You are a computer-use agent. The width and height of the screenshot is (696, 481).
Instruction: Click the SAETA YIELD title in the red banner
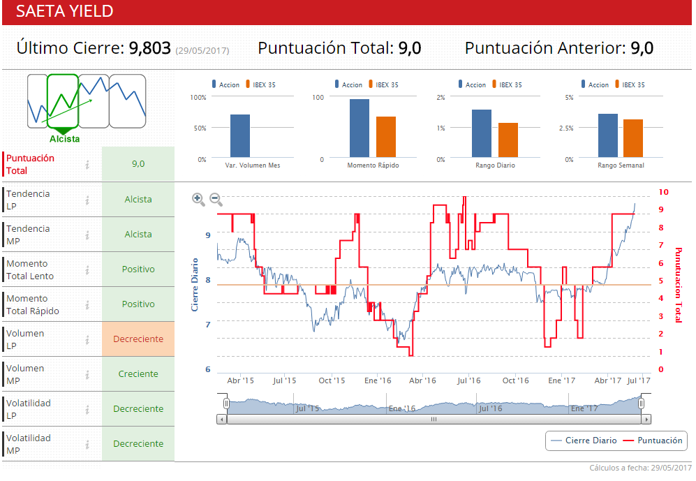click(x=64, y=12)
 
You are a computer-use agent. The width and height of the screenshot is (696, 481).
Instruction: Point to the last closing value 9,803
click(x=149, y=48)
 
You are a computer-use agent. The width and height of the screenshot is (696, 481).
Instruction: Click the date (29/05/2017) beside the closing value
click(x=202, y=50)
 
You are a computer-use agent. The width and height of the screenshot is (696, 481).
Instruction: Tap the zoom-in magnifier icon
click(x=198, y=199)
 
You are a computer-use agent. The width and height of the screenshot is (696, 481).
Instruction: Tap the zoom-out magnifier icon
click(x=216, y=199)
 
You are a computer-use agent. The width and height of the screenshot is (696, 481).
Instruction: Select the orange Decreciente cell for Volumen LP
click(x=138, y=339)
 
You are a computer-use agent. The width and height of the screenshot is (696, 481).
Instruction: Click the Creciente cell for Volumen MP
click(x=138, y=374)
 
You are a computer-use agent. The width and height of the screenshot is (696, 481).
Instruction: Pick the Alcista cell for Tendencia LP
click(x=138, y=200)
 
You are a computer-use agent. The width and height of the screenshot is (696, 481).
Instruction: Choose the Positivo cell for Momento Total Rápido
click(x=138, y=304)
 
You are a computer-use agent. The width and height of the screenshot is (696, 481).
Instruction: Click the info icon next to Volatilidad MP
click(x=87, y=444)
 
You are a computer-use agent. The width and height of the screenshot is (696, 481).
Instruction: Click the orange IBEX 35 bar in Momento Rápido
click(x=385, y=137)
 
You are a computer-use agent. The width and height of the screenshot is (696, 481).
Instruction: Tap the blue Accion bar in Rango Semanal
click(x=607, y=135)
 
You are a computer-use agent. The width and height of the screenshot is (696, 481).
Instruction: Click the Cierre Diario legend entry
click(x=584, y=441)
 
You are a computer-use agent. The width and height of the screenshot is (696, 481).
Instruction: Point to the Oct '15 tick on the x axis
click(x=332, y=380)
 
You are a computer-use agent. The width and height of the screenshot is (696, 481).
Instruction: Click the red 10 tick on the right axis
click(x=663, y=192)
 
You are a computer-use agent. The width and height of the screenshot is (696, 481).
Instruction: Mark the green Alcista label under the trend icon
click(x=64, y=139)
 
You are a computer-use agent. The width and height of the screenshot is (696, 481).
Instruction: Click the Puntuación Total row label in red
click(x=30, y=164)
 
